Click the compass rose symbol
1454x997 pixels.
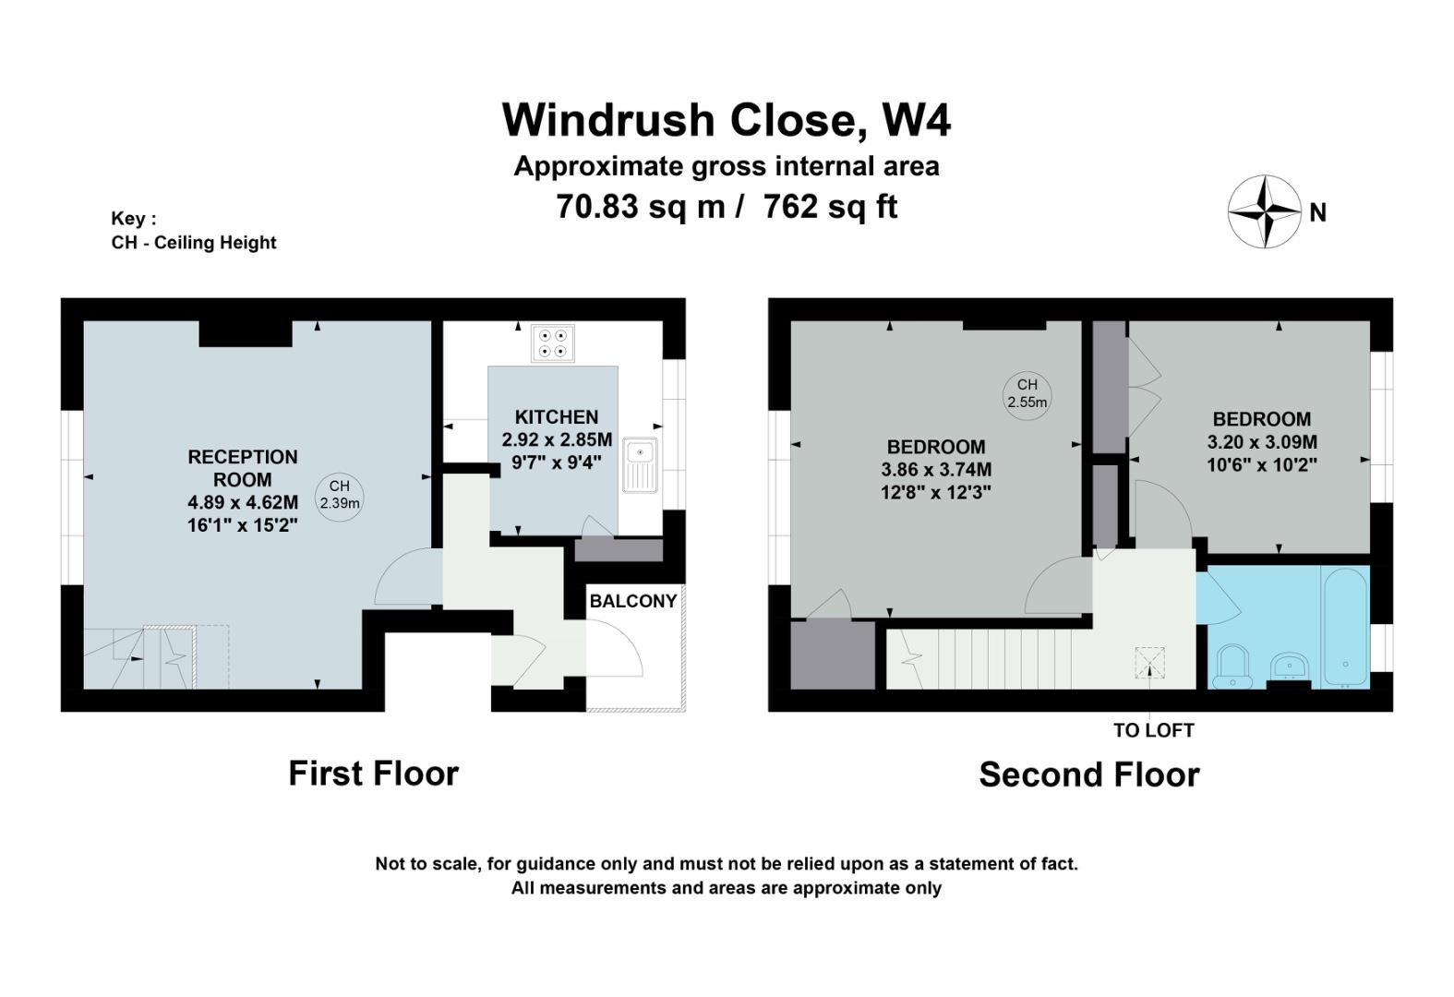tap(1265, 211)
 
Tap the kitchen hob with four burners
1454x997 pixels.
tap(552, 342)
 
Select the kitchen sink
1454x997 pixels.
tap(640, 464)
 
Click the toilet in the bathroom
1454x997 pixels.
tap(1232, 666)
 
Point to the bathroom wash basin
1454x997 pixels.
tap(1289, 667)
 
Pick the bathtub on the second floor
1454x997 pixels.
tap(1346, 627)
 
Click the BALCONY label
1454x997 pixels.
tap(633, 601)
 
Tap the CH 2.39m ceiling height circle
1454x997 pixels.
tap(340, 498)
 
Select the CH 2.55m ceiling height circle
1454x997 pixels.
tap(1027, 396)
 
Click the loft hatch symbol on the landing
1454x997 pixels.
tap(1149, 663)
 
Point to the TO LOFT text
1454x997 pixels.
tap(1153, 731)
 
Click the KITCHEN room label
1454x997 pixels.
tap(557, 416)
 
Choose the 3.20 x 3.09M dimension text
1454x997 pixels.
tap(1262, 442)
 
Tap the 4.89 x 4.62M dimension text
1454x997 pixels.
tap(243, 502)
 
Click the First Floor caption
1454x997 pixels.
tap(373, 773)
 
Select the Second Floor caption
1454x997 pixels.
tap(1089, 775)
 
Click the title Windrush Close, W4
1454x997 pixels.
tap(727, 119)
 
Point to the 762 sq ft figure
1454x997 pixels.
tap(830, 207)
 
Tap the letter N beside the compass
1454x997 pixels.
tap(1317, 213)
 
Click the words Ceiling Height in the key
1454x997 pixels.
tap(215, 243)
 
